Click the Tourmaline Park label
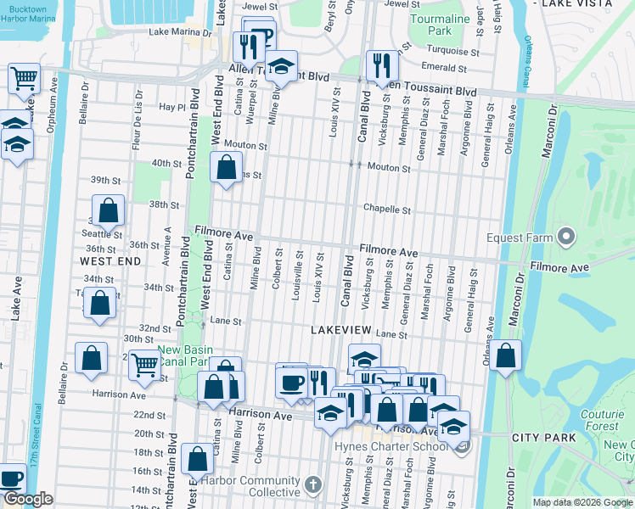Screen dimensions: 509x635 442,24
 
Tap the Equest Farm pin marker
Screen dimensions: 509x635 566,237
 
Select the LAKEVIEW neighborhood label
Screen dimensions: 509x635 341,328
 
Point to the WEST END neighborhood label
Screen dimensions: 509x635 110,262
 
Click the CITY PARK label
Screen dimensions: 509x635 544,438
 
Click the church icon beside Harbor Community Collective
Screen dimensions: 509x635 313,485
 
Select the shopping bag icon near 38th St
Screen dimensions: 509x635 109,210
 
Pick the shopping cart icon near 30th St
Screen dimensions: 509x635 145,365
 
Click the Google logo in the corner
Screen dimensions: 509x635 27,500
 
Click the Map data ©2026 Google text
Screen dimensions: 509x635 582,502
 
